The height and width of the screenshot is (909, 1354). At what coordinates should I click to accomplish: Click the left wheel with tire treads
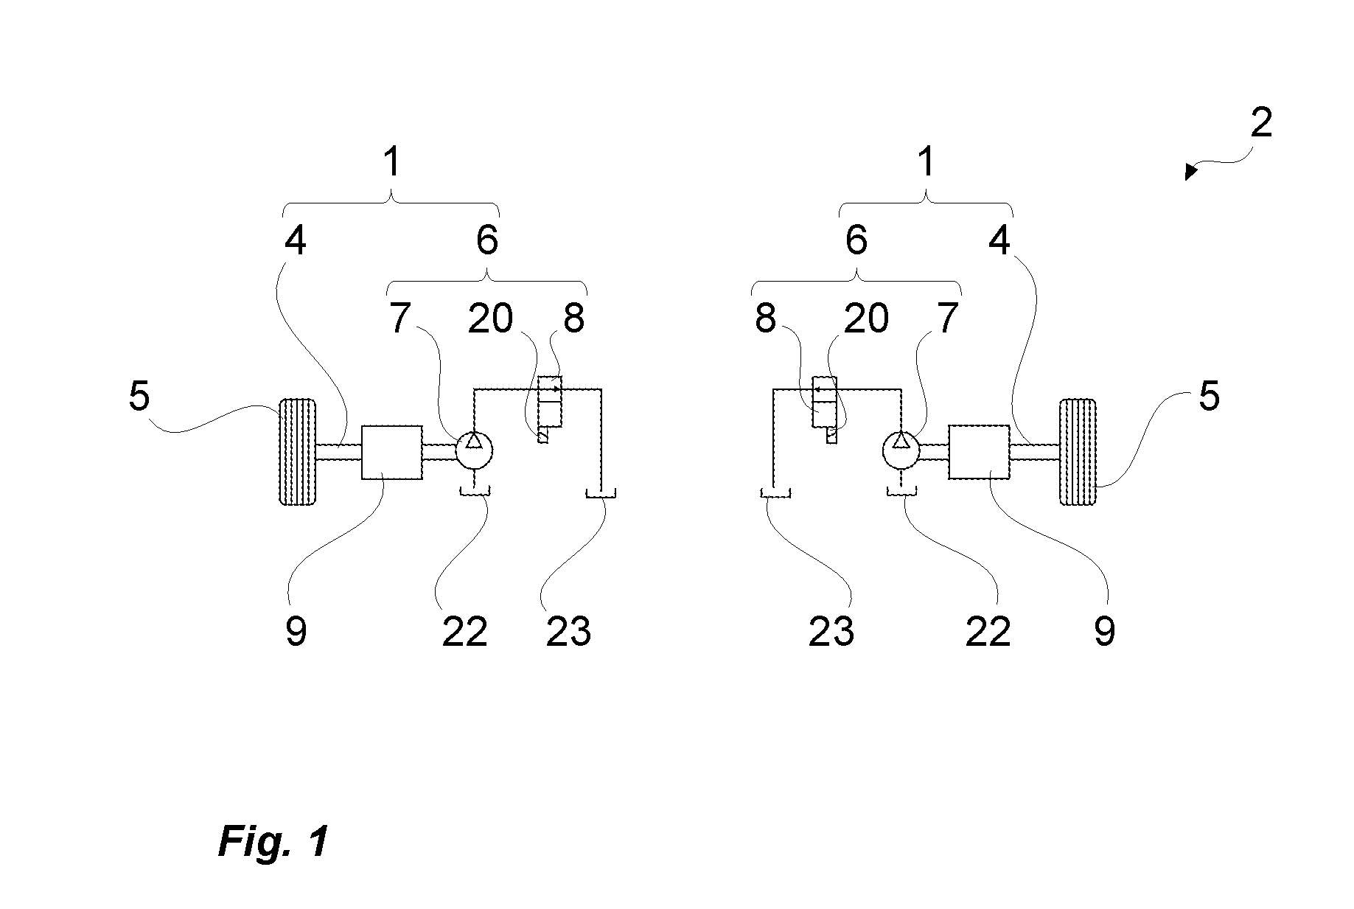click(298, 452)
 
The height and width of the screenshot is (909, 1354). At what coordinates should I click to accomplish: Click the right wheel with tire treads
click(1078, 452)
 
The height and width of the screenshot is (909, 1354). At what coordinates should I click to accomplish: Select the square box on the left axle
click(392, 452)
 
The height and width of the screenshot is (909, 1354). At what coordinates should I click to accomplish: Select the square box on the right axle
click(979, 451)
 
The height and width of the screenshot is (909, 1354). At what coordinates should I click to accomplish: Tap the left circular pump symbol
click(474, 450)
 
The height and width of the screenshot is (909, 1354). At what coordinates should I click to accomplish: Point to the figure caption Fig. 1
click(273, 841)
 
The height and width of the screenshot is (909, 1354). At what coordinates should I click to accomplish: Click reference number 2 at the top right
click(1261, 123)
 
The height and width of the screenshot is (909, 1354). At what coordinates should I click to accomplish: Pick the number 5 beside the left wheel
click(139, 396)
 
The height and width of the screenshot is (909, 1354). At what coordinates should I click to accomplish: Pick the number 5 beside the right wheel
click(1209, 396)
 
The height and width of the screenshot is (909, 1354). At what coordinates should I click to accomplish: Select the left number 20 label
click(491, 318)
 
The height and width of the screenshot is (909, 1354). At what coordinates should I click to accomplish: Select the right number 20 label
click(866, 318)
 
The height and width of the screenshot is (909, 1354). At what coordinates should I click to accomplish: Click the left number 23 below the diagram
click(568, 631)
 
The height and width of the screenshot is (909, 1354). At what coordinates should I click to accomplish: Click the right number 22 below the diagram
click(988, 631)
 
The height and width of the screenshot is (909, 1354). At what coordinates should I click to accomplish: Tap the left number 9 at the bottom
click(296, 631)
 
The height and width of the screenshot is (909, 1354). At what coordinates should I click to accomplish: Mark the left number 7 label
click(399, 318)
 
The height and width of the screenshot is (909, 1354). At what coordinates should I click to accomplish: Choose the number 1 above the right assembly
click(926, 161)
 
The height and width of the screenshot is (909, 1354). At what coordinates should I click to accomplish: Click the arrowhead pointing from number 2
click(1190, 173)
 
